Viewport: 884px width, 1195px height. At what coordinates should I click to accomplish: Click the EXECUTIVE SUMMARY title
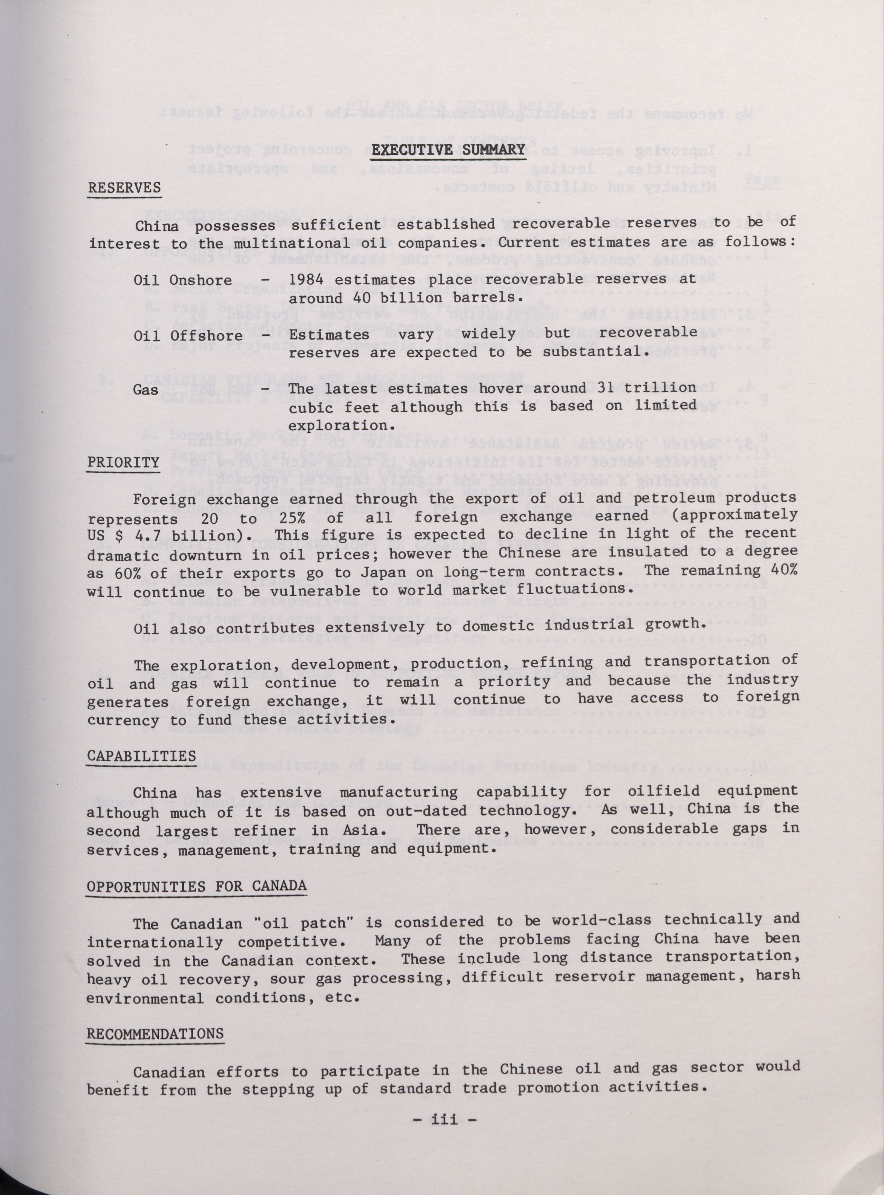pyautogui.click(x=448, y=149)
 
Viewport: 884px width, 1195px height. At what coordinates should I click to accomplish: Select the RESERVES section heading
pyautogui.click(x=124, y=187)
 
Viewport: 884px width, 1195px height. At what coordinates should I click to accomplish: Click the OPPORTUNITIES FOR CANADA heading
pyautogui.click(x=196, y=886)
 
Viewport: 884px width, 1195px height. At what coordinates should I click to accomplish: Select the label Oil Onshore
pyautogui.click(x=182, y=280)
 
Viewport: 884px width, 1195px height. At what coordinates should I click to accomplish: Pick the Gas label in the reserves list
pyautogui.click(x=145, y=389)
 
